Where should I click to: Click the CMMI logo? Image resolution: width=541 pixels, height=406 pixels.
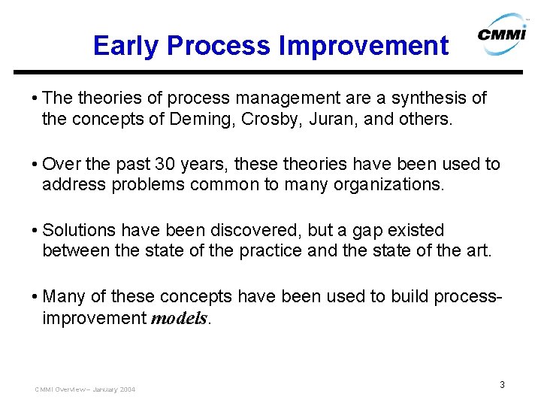tap(503, 34)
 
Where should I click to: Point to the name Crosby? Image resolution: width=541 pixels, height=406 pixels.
tap(269, 120)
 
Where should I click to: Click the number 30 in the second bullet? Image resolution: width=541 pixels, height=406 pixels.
tap(165, 164)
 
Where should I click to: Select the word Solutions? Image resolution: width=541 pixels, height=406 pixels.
tap(79, 230)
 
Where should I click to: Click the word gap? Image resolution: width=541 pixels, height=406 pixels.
tap(367, 232)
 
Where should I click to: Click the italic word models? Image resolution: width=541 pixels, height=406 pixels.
tap(180, 318)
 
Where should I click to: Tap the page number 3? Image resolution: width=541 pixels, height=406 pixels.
tap(503, 385)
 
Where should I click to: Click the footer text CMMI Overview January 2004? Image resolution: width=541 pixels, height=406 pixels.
tap(85, 389)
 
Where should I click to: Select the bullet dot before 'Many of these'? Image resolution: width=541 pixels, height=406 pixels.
tap(34, 296)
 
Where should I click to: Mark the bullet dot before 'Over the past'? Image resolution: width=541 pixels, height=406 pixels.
tap(34, 165)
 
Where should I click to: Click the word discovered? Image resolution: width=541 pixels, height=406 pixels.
tap(254, 230)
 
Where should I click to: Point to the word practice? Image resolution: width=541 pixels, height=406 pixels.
tap(270, 251)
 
